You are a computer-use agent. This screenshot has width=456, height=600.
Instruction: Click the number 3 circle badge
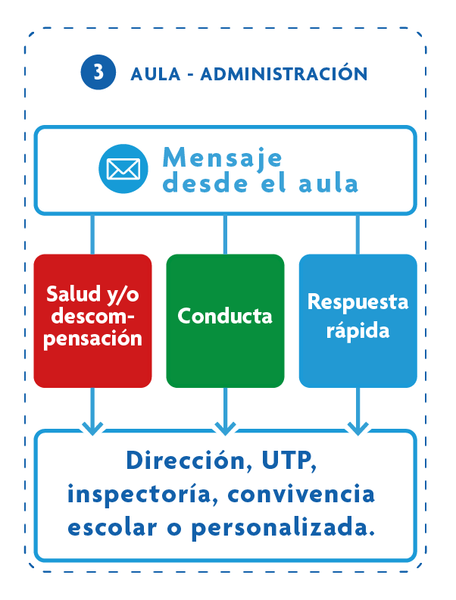click(x=98, y=73)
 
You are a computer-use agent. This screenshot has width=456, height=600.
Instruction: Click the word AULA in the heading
click(x=155, y=74)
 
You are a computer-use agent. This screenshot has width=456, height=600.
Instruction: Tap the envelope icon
click(x=122, y=168)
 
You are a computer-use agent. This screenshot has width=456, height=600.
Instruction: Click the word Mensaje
click(x=222, y=157)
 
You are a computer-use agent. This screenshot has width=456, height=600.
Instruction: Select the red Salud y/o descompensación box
click(x=92, y=320)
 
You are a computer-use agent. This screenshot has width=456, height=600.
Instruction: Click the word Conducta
click(x=225, y=315)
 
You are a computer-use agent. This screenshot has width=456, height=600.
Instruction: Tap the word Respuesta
click(x=358, y=302)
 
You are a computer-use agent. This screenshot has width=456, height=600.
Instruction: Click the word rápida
click(x=358, y=330)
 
